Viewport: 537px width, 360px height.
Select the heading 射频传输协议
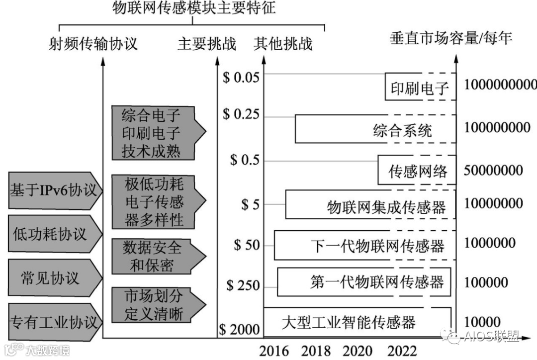click(93, 44)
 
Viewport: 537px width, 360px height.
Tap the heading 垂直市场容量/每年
click(451, 39)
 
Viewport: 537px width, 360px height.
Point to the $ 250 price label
click(243, 285)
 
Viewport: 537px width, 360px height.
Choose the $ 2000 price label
click(240, 329)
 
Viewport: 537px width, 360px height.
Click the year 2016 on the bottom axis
click(274, 351)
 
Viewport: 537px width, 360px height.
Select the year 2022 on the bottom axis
click(402, 351)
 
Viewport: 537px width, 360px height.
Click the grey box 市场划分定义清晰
click(155, 305)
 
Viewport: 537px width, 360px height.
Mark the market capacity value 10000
click(482, 322)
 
